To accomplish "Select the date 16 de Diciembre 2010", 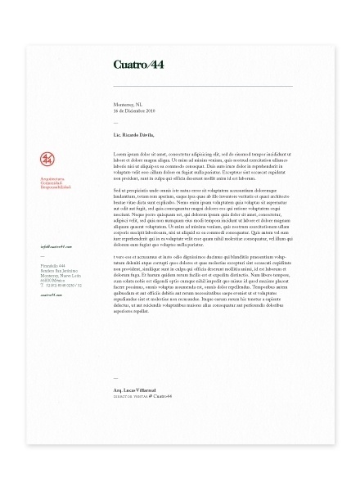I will click(134, 111).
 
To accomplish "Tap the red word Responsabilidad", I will click(54, 187).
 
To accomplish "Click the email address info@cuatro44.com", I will click(56, 245).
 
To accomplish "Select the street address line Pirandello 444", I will click(51, 267).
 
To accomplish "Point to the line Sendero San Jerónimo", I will click(56, 272).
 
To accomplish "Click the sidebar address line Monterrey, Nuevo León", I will click(58, 277).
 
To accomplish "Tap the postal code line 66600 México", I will click(52, 282).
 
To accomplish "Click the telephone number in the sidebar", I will click(59, 286).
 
